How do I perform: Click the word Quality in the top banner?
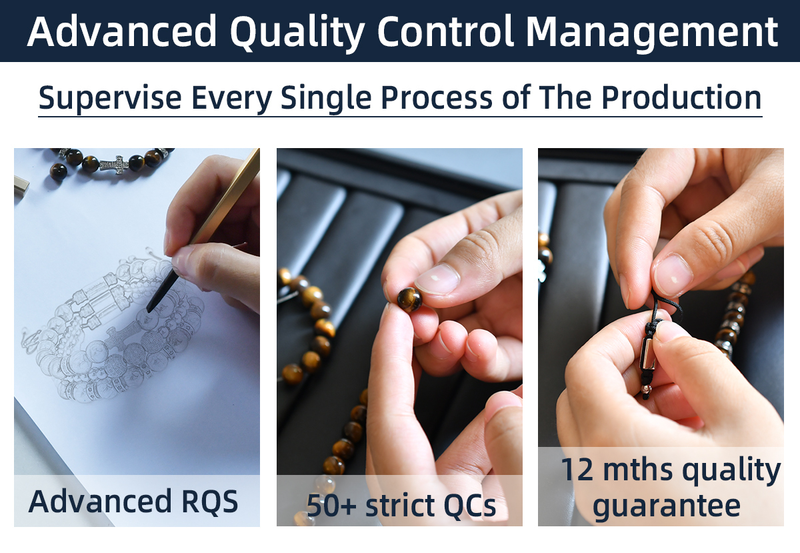point(298,33)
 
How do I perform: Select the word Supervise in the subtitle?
point(110,98)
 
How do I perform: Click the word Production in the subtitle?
point(681,97)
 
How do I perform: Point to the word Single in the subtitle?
point(326,98)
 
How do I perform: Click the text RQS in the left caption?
point(210,502)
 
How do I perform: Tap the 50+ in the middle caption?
point(331,506)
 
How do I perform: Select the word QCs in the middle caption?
point(469,506)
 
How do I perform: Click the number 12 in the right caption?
point(578,470)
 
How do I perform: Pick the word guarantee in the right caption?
point(667,507)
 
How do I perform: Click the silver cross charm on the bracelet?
point(113,165)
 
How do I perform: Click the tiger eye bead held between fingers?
point(409,300)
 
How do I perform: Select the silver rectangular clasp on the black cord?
point(647,354)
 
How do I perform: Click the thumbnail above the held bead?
point(437,279)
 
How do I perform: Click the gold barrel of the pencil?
point(225,197)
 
